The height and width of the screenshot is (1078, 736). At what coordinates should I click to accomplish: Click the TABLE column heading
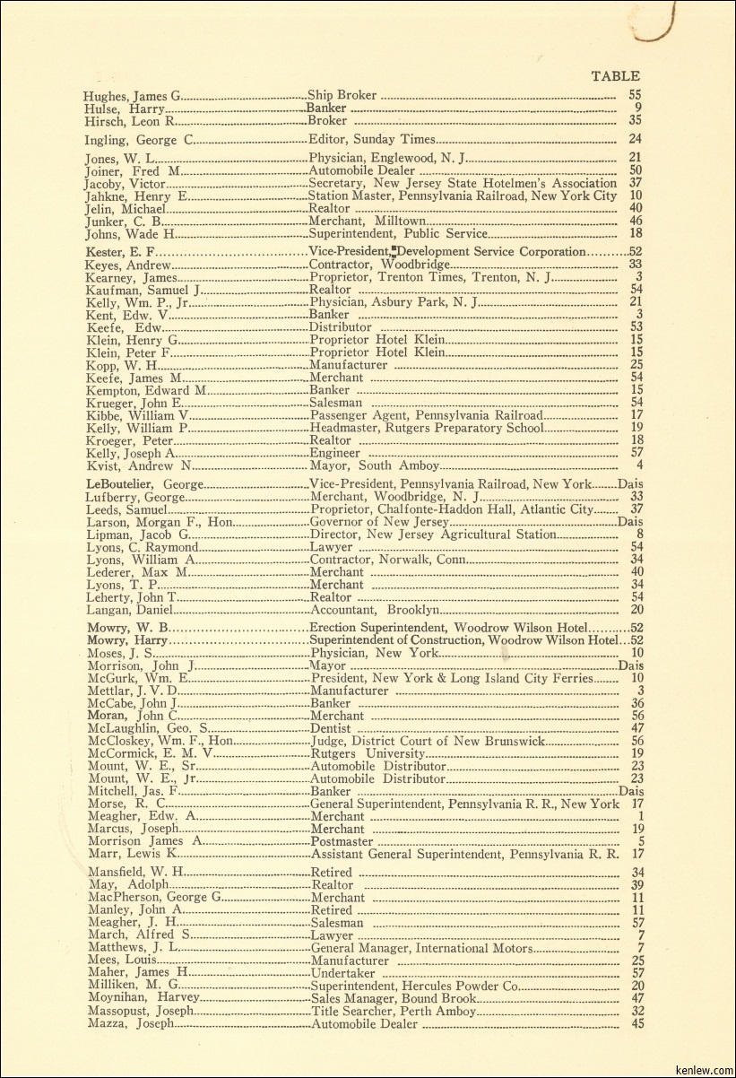[x=616, y=76]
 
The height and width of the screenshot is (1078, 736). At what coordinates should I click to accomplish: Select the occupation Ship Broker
[x=342, y=95]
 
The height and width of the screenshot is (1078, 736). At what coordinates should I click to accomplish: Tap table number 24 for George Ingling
[x=636, y=139]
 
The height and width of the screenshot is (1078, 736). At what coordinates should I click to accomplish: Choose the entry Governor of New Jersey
[x=378, y=522]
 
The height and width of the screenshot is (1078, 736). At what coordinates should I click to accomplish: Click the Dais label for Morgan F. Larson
[x=630, y=522]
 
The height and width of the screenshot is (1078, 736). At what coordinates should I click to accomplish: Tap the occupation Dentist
[x=330, y=729]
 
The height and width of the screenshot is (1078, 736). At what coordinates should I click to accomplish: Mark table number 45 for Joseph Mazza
[x=637, y=1023]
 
